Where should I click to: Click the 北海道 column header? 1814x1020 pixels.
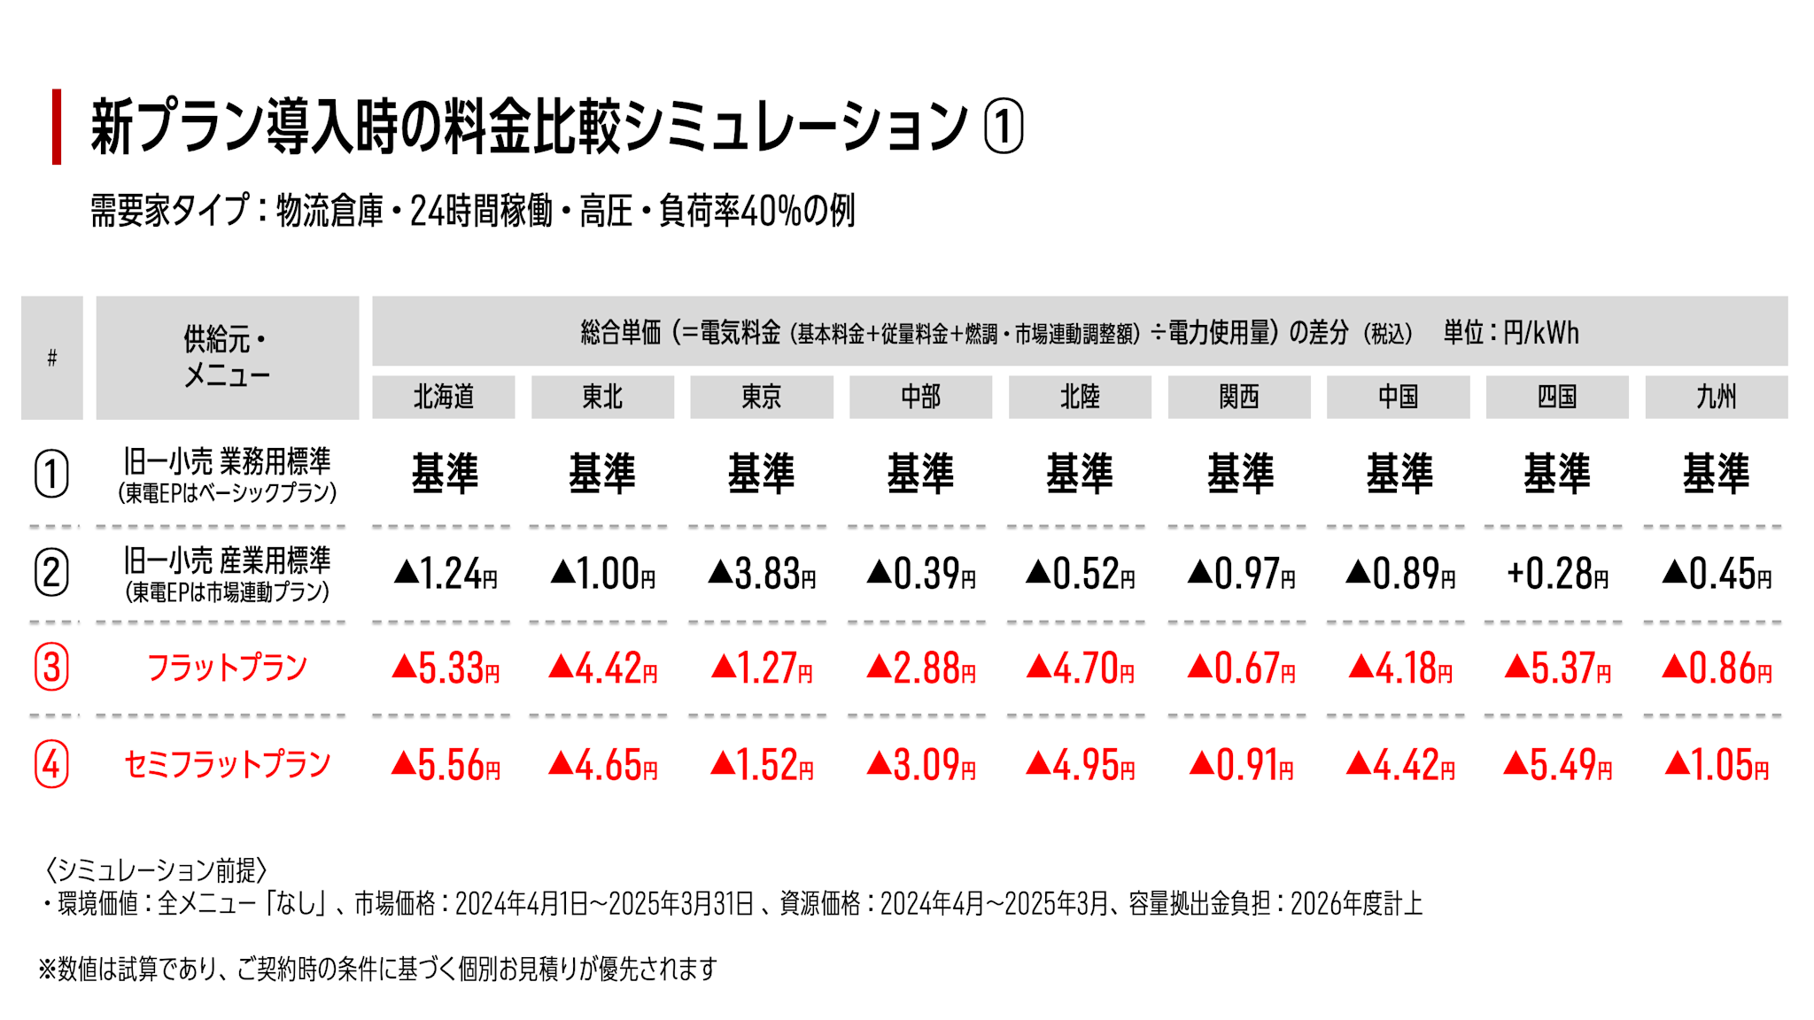(x=443, y=397)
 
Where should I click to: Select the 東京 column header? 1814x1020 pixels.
(x=761, y=397)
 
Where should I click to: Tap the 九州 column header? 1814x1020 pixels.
(x=1716, y=397)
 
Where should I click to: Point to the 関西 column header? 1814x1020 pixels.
(x=1238, y=397)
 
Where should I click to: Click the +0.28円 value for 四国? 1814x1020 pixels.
(x=1557, y=574)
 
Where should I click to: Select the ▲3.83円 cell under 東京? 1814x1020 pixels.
(x=762, y=574)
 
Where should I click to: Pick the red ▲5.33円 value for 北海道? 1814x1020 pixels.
(x=445, y=668)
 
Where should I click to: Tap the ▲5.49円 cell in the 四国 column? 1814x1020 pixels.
(x=1557, y=765)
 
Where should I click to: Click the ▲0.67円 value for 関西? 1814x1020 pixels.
(x=1241, y=668)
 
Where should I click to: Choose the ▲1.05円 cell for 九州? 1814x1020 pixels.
(x=1717, y=765)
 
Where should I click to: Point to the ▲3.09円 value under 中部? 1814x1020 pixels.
(x=921, y=765)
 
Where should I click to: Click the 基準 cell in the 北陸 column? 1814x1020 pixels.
(x=1080, y=473)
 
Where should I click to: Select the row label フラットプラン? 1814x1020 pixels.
(x=227, y=668)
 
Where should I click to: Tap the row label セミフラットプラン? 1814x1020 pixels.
(x=227, y=764)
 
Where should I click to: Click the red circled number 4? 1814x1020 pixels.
(x=51, y=764)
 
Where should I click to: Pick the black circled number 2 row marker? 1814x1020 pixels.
(x=51, y=573)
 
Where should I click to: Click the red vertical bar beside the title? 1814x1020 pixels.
(x=57, y=127)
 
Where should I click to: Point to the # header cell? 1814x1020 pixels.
(x=52, y=358)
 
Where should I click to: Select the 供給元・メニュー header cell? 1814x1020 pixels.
(x=227, y=358)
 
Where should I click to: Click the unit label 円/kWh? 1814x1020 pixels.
(x=1540, y=333)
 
